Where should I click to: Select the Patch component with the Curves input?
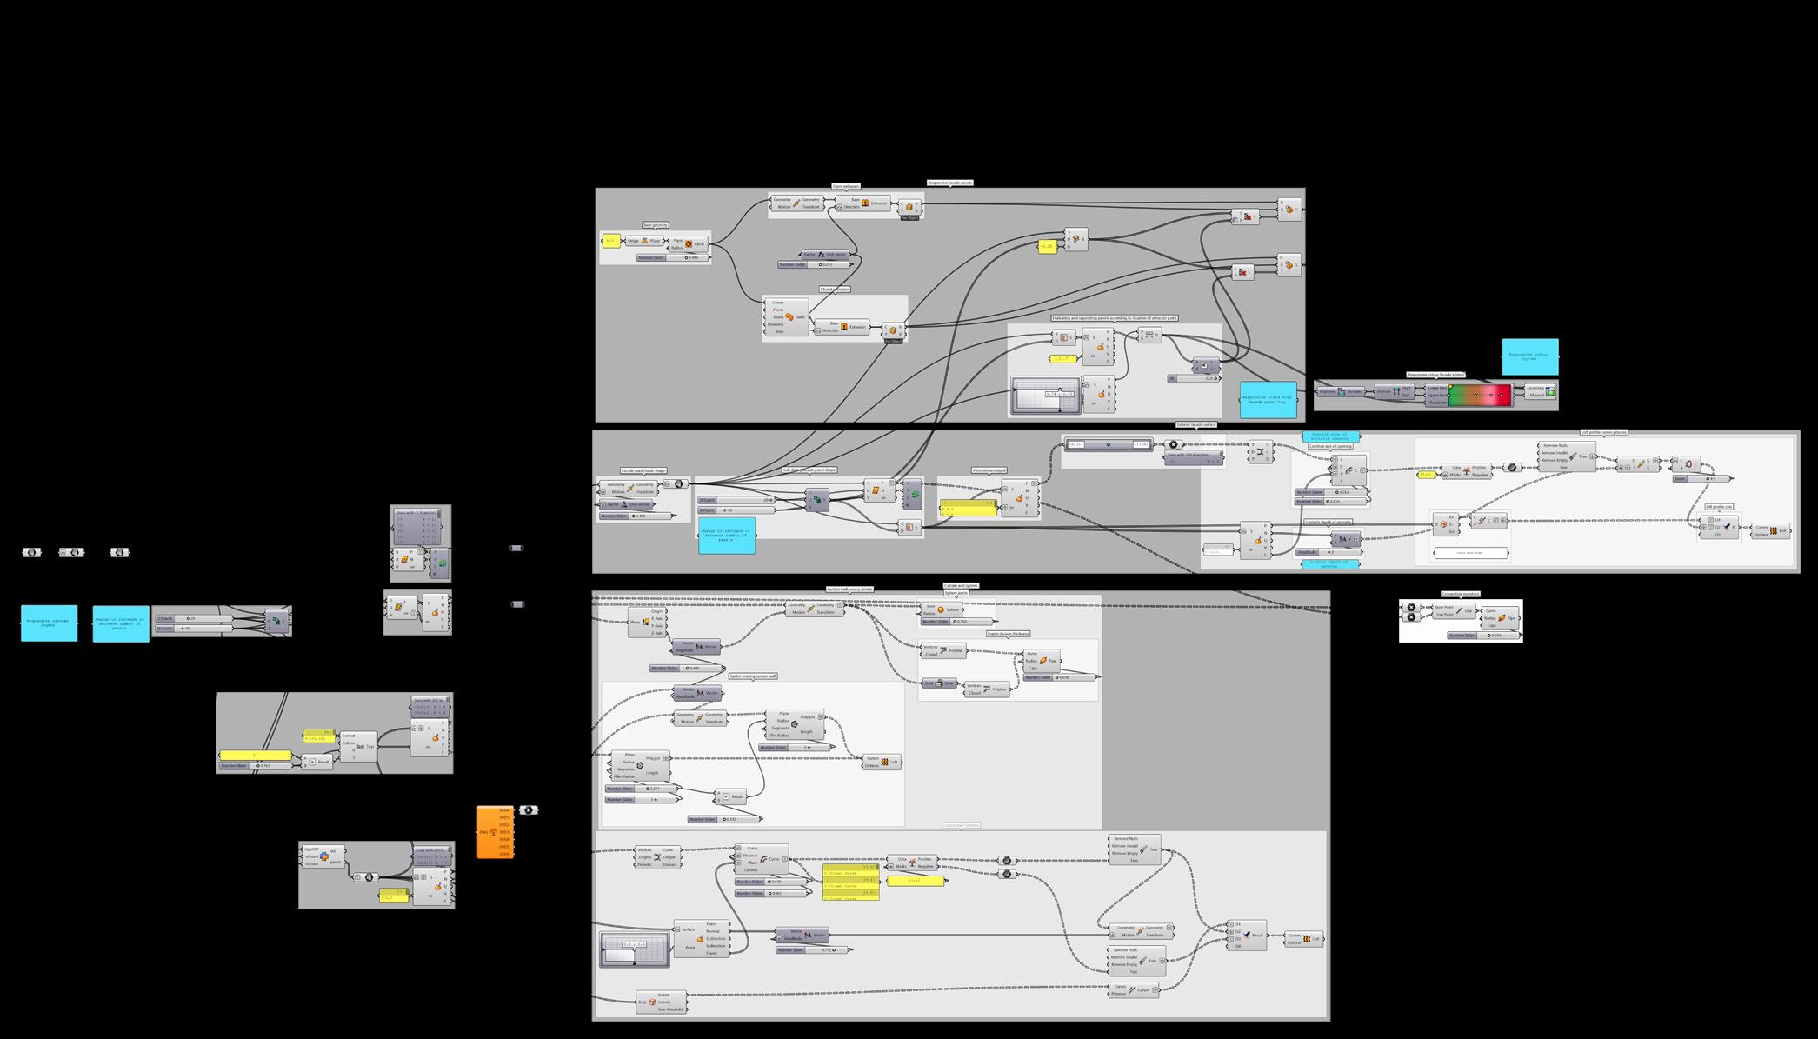(788, 317)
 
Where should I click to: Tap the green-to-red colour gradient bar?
(1480, 396)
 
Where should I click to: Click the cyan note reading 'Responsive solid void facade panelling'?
(1269, 400)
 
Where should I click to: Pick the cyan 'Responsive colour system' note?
(1529, 356)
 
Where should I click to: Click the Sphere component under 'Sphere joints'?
(942, 609)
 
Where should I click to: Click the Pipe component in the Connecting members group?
(1502, 618)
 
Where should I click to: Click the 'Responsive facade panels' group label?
(949, 183)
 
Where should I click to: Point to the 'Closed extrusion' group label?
(835, 290)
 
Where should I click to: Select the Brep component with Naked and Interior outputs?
(662, 1002)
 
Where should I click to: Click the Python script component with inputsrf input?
(323, 856)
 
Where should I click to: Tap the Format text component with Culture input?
(359, 746)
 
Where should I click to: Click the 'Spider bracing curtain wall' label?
(752, 676)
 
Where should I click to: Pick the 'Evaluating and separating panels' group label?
(1115, 319)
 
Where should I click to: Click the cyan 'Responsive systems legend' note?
(49, 623)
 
